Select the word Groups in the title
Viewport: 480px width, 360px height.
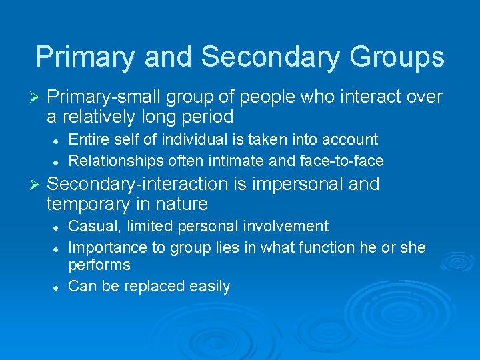click(397, 57)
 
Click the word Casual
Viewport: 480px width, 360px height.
click(90, 227)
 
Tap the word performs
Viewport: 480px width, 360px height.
click(99, 265)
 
